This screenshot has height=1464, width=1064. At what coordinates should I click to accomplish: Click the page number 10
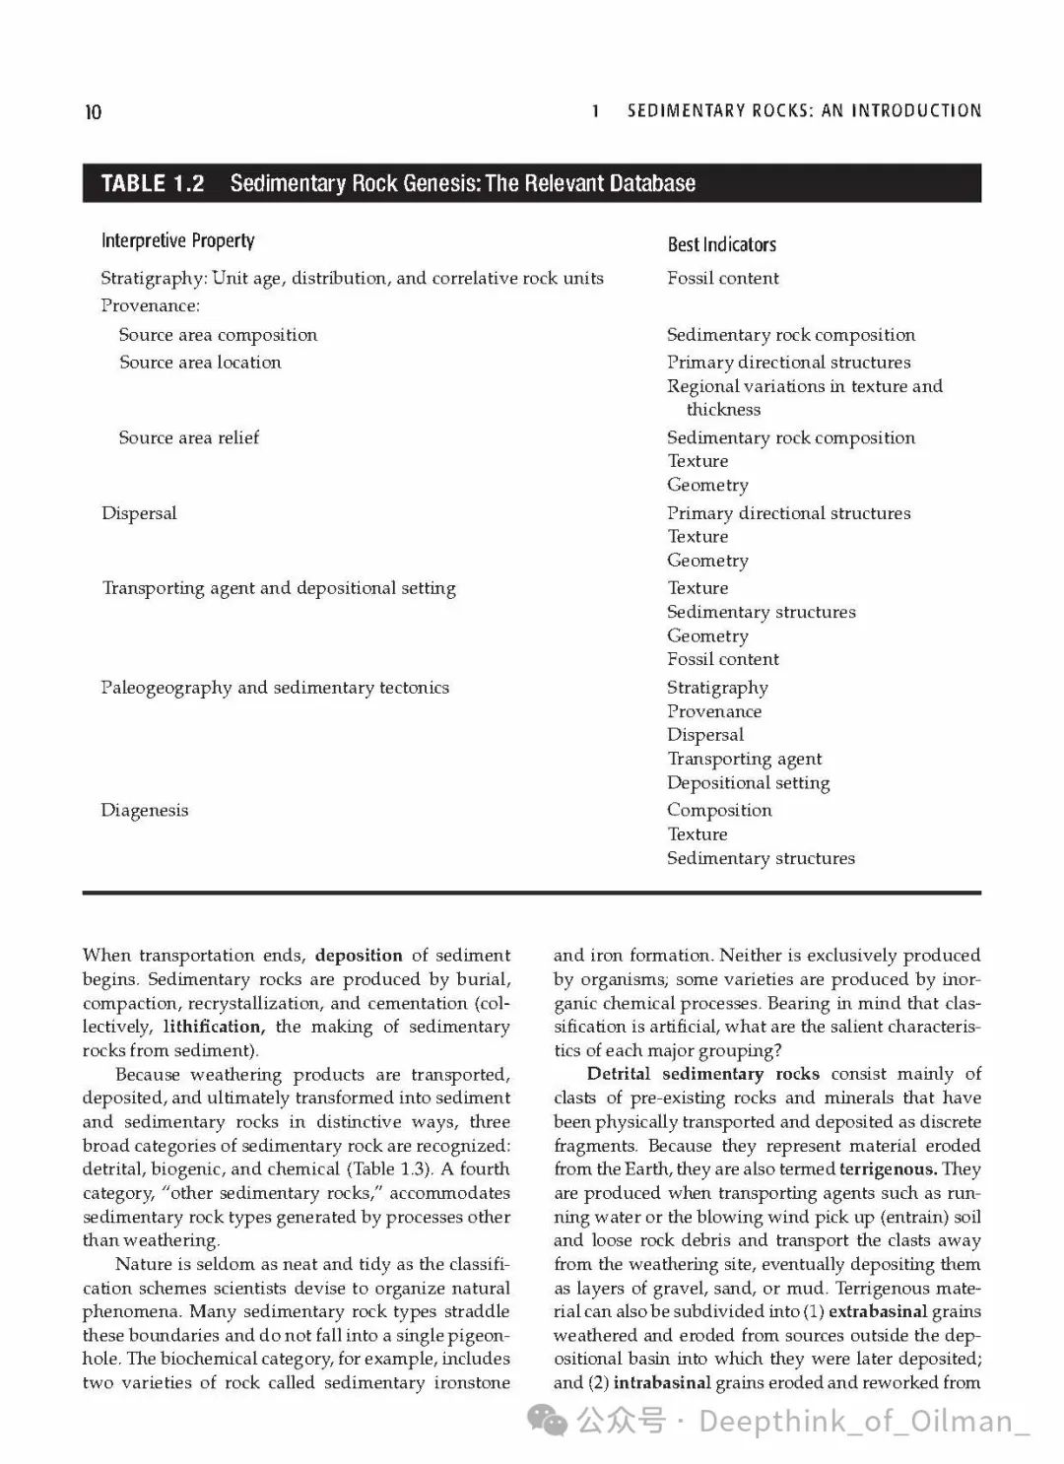93,112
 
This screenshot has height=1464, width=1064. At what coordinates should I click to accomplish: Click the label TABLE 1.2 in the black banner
153,183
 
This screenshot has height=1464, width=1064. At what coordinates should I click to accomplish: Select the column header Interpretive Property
177,241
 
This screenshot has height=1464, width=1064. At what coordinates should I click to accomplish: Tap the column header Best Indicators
721,244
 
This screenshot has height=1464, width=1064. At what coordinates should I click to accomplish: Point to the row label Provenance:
150,305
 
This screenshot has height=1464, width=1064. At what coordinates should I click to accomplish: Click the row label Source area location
200,363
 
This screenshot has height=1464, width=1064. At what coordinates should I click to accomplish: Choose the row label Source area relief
188,437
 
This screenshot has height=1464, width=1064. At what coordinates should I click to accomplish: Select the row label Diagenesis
144,810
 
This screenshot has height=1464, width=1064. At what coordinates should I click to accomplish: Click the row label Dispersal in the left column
139,513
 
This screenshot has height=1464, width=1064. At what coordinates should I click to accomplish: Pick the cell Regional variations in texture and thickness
803,397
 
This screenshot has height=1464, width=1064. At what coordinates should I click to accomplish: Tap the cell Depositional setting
748,783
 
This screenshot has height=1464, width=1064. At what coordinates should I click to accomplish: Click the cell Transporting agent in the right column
744,759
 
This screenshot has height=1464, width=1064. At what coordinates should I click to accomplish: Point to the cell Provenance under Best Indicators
713,711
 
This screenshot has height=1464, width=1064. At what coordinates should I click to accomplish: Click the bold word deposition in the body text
359,955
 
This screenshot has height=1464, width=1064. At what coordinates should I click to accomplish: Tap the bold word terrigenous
888,1169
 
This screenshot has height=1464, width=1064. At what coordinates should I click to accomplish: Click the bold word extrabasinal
878,1311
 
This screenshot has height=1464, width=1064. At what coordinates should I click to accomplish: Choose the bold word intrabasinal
661,1382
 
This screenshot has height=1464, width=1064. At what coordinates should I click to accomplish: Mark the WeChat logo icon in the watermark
547,1420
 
